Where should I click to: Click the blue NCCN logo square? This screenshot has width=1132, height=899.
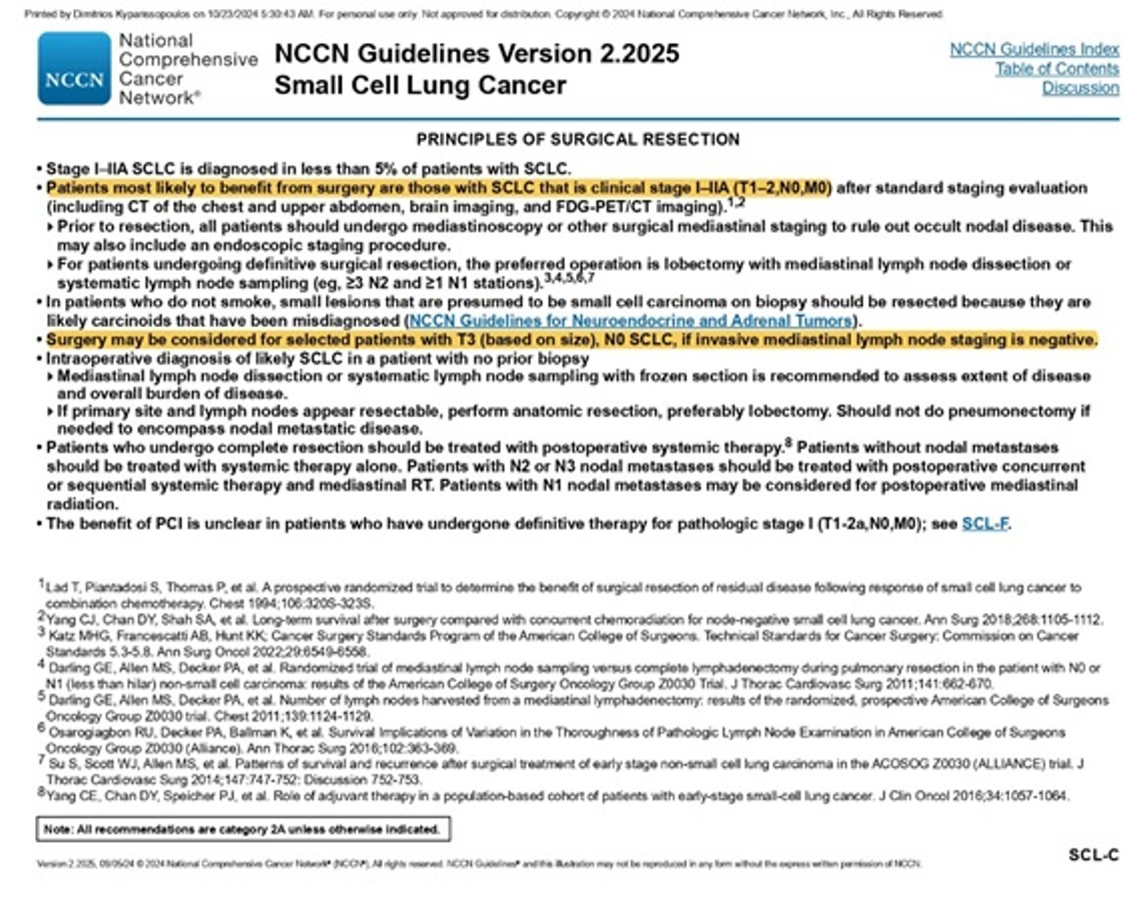coord(74,69)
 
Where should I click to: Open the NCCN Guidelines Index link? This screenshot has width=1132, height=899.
coord(1034,50)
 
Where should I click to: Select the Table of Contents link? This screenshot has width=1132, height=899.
coord(1056,69)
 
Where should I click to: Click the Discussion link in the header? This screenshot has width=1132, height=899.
coord(1080,88)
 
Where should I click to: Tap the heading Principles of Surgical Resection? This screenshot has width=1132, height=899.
coord(578,139)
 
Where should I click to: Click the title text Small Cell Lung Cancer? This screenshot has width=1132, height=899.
coord(420,85)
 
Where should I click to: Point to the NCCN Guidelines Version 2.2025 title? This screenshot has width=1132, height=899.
coord(477,53)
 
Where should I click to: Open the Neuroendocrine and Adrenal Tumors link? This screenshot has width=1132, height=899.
coord(631,321)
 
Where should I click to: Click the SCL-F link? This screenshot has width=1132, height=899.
coord(985,523)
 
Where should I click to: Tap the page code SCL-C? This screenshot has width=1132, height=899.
coord(1093,855)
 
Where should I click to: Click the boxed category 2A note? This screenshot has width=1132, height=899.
coord(242,829)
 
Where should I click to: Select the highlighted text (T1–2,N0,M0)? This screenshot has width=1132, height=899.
coord(781,188)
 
